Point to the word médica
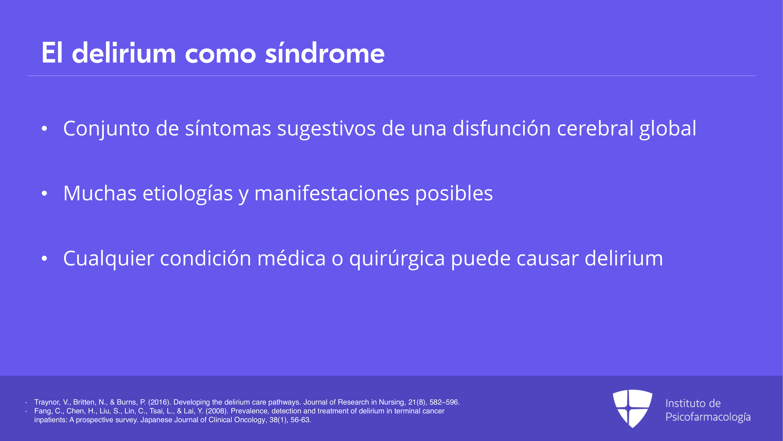point(292,258)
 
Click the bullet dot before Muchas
point(44,194)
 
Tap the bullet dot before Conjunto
point(44,129)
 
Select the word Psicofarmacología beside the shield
point(708,417)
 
